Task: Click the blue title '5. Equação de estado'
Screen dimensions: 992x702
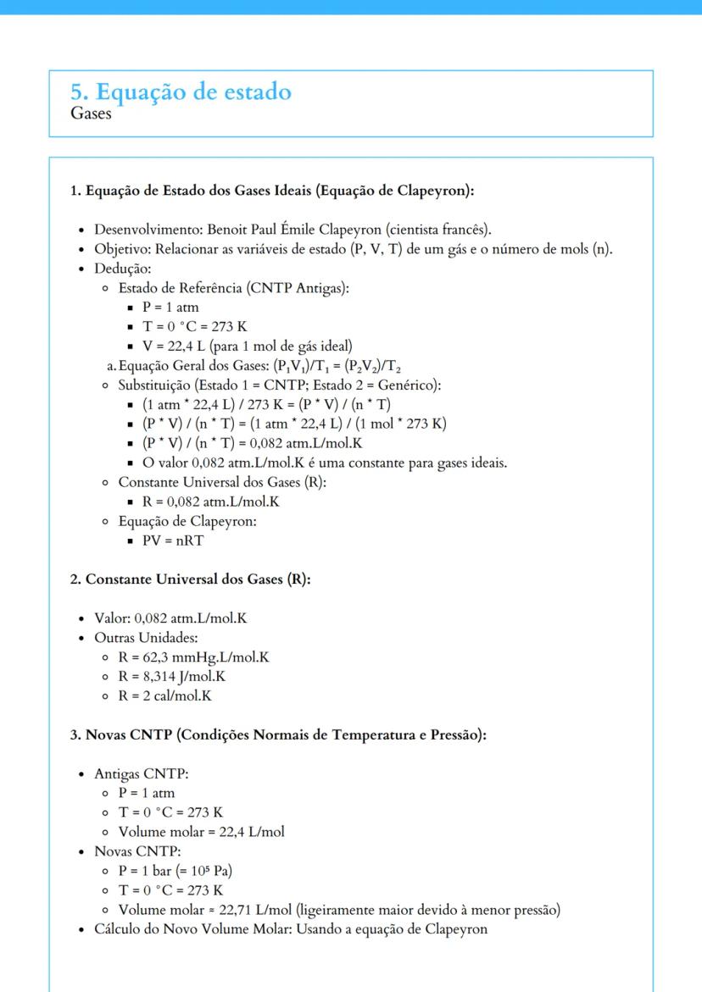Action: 181,91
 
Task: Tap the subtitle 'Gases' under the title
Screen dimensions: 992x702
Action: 91,114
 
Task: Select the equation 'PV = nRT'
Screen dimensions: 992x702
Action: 173,540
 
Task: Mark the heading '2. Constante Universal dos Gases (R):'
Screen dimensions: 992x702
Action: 190,579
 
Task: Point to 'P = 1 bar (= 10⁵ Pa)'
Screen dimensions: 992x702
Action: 175,871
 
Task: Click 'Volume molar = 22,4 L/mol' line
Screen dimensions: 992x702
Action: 201,831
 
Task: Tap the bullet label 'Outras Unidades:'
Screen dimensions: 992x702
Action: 146,637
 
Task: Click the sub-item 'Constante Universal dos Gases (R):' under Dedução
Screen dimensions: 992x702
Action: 222,482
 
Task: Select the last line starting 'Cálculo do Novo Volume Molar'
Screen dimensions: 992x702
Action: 291,929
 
